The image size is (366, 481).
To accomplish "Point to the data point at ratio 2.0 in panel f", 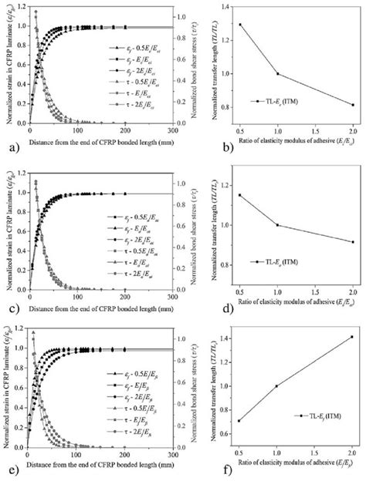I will [x=353, y=337].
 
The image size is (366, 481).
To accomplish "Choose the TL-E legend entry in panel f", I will [x=317, y=415].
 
